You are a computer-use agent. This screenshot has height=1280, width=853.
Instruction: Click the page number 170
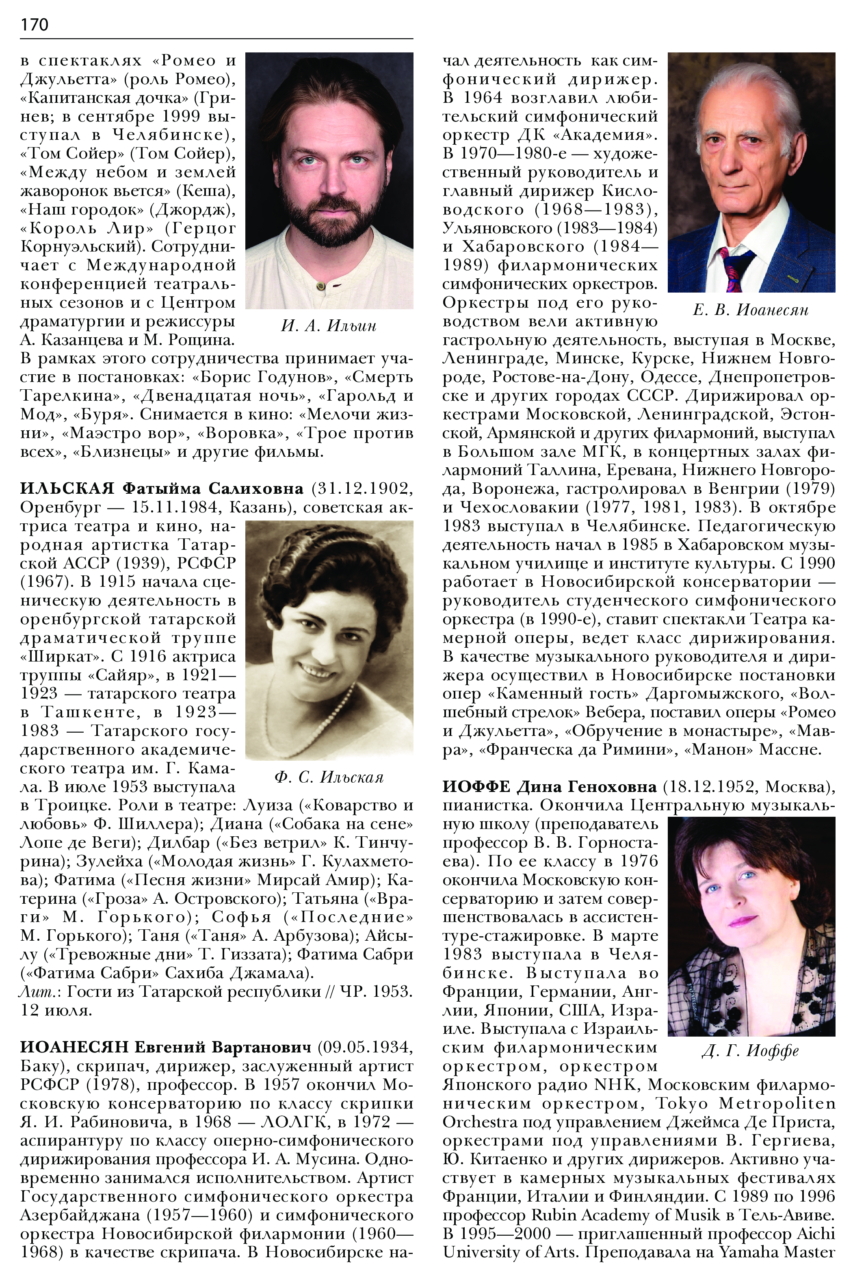click(34, 24)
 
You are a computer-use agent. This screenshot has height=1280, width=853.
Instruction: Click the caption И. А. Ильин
click(329, 325)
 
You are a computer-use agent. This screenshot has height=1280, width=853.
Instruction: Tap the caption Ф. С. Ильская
click(329, 777)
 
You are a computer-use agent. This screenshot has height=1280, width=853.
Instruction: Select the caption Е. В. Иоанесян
click(751, 310)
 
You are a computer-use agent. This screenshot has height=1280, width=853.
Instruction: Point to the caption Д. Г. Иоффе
click(750, 1050)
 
